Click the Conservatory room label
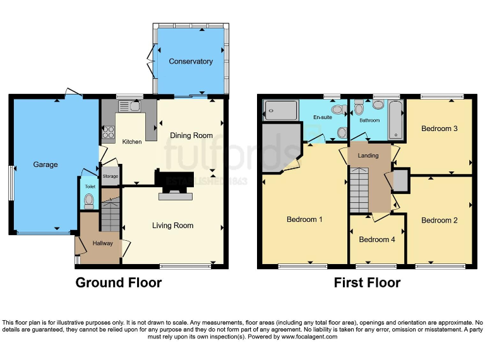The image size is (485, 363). pos(190,62)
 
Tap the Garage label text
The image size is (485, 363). pos(45,165)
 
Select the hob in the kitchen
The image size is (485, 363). pos(107,133)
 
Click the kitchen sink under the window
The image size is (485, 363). pos(134,106)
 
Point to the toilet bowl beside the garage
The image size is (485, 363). pos(88,201)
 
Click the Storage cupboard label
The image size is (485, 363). pos(111,177)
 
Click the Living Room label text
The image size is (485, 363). pos(172,226)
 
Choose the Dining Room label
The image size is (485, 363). pos(191,135)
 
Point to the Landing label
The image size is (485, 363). pos(368,156)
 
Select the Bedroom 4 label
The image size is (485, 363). pos(378,239)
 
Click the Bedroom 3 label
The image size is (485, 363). pos(440,129)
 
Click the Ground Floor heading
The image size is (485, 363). pos(119,282)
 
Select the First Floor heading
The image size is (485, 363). pos(367,282)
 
